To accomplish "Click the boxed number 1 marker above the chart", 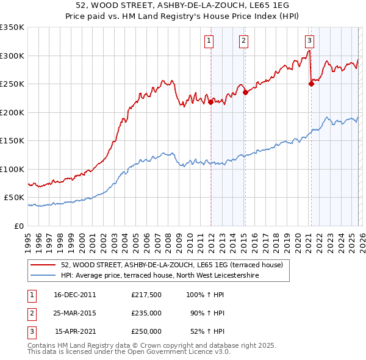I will point(209,41).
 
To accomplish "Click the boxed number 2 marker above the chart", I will point(243,41).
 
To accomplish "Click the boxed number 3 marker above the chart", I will point(309,41).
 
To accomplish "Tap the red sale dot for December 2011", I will point(210,103).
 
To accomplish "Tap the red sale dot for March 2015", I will point(245,93).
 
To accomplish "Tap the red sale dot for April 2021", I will point(311,84).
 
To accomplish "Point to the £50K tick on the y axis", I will point(15,198).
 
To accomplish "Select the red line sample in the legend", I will point(43,265).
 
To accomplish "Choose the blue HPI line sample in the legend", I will point(43,276).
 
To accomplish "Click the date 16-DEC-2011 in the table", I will point(75,294).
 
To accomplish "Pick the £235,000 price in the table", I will point(146,313).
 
